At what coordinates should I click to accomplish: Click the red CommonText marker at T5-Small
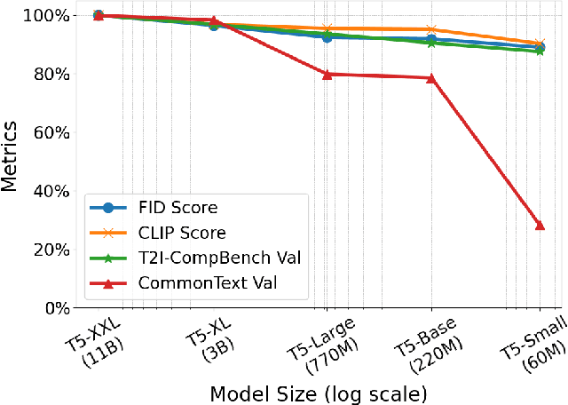pos(540,226)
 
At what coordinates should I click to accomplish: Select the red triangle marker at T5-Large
pos(327,75)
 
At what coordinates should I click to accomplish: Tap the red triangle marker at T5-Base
pos(431,78)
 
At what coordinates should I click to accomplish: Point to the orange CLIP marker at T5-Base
pos(431,30)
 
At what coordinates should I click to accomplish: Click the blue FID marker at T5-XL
pos(213,26)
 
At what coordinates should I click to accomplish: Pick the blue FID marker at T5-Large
pos(327,37)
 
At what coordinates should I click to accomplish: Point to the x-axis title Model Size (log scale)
pos(318,392)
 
